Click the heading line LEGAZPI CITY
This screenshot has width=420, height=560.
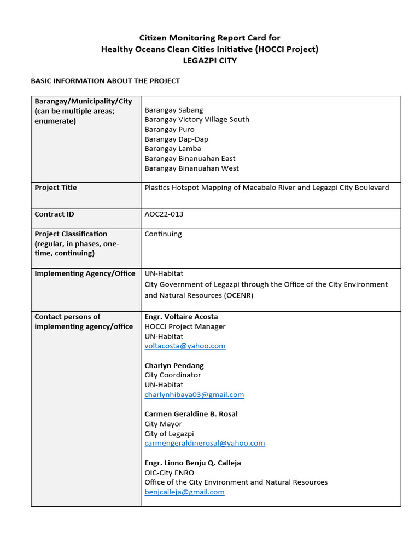[209, 61]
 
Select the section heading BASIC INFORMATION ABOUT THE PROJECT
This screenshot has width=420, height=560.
[105, 81]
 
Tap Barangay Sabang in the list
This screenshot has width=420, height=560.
[173, 110]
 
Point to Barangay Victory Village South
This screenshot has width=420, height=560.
[196, 119]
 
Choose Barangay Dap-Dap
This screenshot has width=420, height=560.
[176, 139]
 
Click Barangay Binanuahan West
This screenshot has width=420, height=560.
[191, 168]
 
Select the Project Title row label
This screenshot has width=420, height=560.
[56, 188]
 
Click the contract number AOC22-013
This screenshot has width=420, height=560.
[164, 214]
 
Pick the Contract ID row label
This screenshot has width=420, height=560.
[54, 214]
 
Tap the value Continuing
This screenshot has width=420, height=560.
[163, 234]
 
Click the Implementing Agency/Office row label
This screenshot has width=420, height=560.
[85, 273]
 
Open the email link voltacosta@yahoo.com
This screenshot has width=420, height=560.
[185, 346]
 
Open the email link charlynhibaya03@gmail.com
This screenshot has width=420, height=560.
[194, 395]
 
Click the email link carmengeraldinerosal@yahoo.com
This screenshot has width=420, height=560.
[205, 444]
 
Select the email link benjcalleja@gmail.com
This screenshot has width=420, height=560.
[184, 492]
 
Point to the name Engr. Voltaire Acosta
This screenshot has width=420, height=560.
[181, 317]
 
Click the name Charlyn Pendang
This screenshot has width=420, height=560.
[174, 365]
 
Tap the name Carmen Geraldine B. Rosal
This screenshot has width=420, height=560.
[191, 414]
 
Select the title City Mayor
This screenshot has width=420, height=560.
[163, 424]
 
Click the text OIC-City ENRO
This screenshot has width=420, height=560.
[169, 472]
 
